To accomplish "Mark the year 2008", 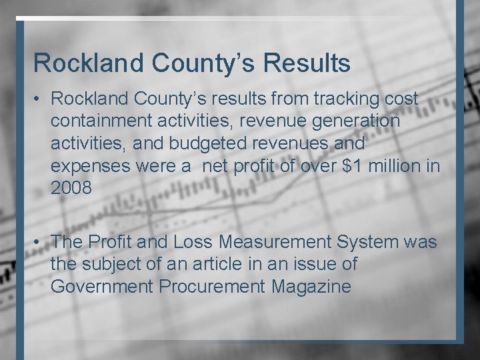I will coord(70,189).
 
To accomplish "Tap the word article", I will coord(215,265).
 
